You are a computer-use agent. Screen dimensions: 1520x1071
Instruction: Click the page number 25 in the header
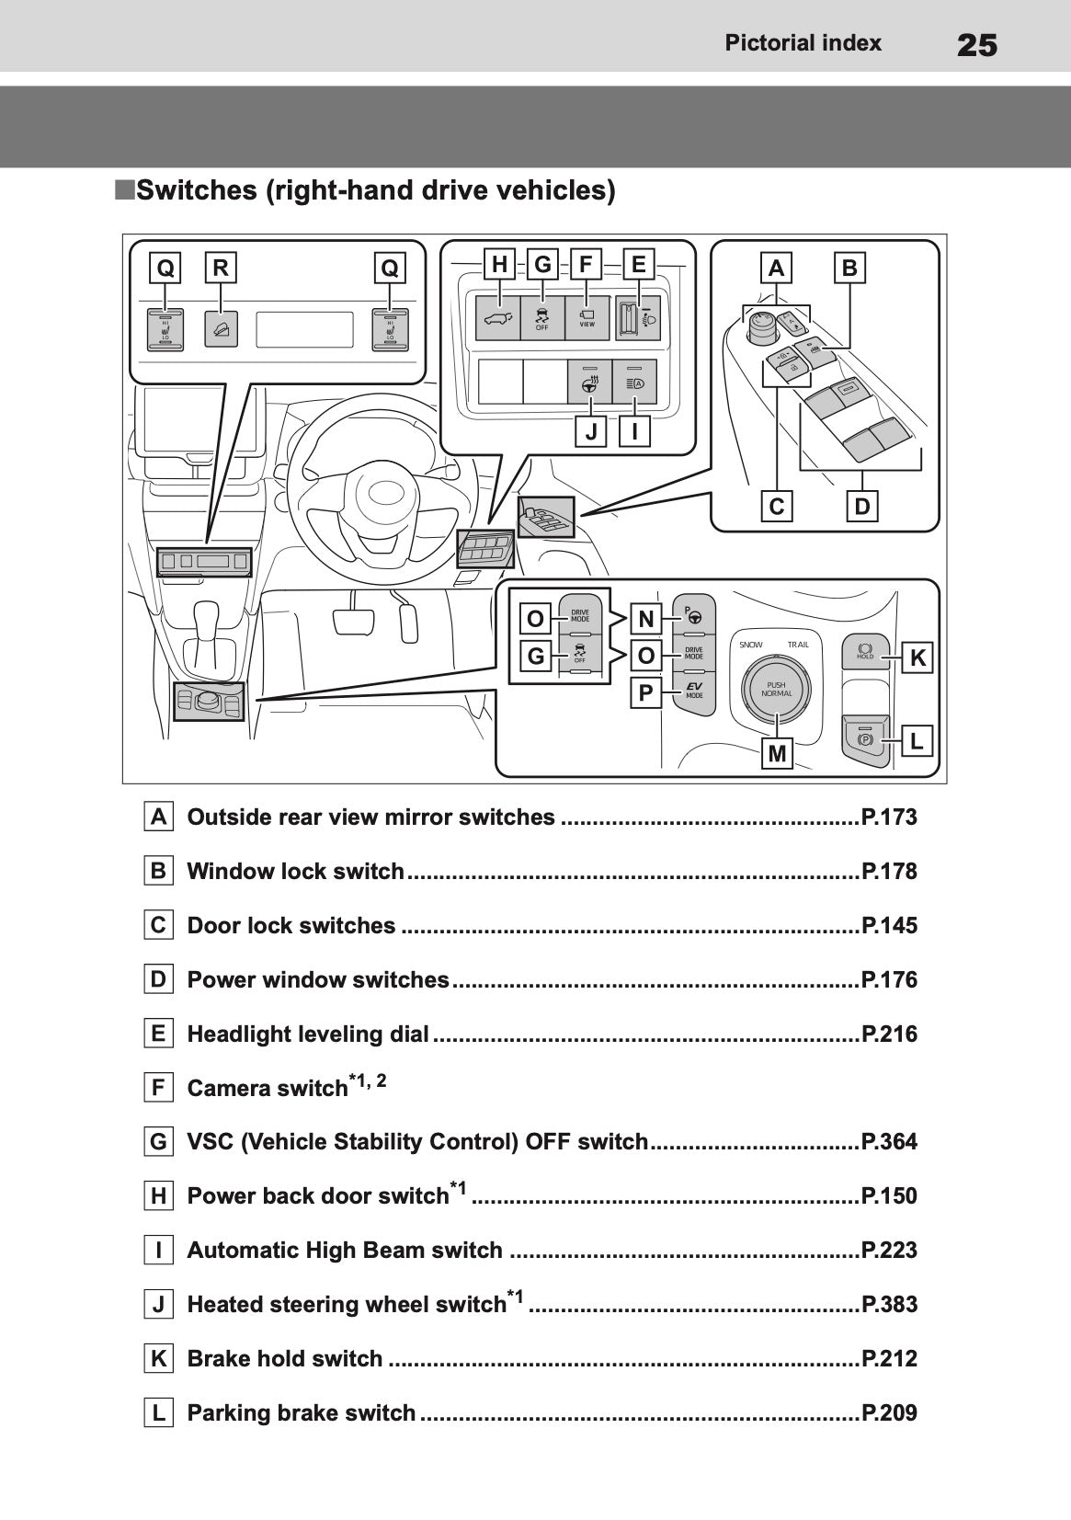[x=976, y=44]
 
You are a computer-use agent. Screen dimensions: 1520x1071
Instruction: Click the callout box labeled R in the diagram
[x=221, y=268]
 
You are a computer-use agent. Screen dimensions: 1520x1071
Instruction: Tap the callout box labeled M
[x=777, y=753]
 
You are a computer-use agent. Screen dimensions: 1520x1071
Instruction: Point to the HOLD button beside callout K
[x=864, y=652]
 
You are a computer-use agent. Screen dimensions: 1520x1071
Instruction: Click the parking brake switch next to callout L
[x=865, y=739]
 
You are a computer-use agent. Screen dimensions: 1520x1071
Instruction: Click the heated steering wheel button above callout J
[x=587, y=381]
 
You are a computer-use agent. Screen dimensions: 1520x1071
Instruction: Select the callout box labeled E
[x=638, y=265]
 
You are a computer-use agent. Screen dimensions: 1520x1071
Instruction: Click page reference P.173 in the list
[x=889, y=817]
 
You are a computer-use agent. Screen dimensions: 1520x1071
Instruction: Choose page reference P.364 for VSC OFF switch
[x=889, y=1142]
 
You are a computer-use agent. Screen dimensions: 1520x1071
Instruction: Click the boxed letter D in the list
[x=159, y=979]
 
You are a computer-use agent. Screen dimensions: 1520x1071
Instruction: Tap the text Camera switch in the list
[x=267, y=1089]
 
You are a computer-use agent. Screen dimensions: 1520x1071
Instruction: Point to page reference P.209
[x=889, y=1412]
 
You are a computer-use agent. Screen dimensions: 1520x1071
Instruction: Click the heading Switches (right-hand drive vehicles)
[x=374, y=190]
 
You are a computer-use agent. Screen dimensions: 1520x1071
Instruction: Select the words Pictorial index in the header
[x=803, y=43]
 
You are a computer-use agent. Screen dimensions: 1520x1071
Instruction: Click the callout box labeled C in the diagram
[x=777, y=507]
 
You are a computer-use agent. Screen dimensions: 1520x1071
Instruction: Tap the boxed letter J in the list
[x=159, y=1304]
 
